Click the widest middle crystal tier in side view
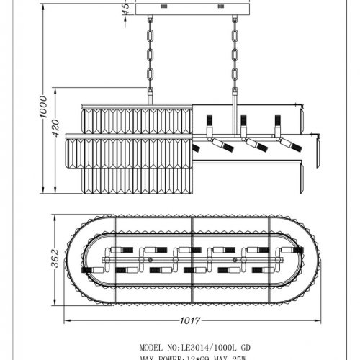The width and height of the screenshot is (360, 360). [130, 151]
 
